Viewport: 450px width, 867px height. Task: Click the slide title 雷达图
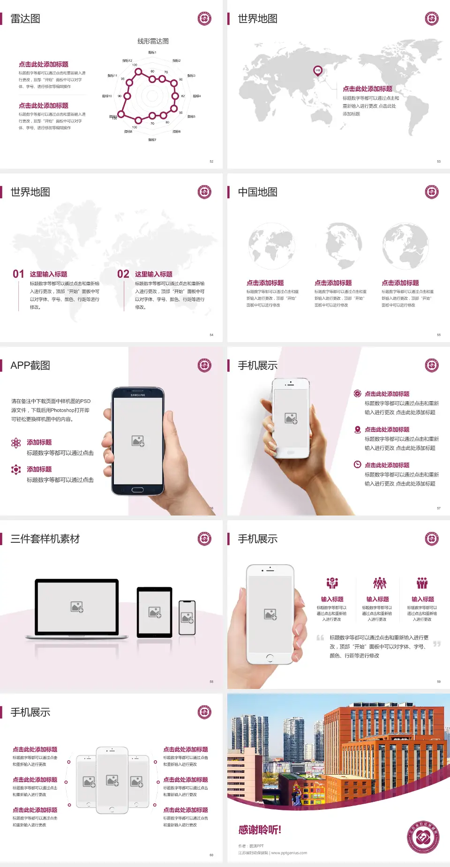[x=25, y=19]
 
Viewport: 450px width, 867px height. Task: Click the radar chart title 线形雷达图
[x=153, y=41]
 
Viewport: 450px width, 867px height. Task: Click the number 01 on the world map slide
[x=18, y=274]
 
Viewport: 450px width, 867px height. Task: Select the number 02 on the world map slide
[x=123, y=274]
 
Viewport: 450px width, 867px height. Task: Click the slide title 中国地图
[x=257, y=192]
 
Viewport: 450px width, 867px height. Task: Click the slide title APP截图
[x=30, y=366]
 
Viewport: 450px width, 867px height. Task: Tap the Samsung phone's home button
[x=137, y=490]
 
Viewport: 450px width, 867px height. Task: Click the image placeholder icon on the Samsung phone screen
[x=138, y=441]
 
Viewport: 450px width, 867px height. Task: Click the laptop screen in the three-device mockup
[x=77, y=607]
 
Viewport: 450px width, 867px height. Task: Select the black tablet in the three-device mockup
[x=155, y=612]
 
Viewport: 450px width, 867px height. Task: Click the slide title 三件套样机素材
[x=45, y=539]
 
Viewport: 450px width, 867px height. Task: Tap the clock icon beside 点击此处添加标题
[x=357, y=464]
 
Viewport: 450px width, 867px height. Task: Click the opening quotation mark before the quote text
[x=320, y=638]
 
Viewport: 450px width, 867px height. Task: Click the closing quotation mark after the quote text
[x=437, y=644]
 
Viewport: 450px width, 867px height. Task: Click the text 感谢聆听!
[x=260, y=830]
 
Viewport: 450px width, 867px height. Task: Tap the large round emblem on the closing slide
[x=423, y=837]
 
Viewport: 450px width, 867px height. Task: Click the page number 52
[x=211, y=162]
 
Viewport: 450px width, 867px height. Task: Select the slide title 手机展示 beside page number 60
[x=30, y=712]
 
